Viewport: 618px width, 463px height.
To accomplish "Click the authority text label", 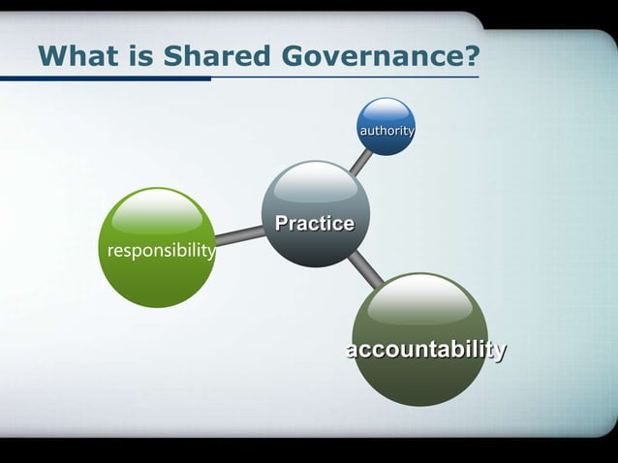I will click(x=386, y=130).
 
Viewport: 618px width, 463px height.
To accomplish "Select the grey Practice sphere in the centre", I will click(x=316, y=214).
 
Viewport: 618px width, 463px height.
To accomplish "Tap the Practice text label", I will click(x=315, y=224).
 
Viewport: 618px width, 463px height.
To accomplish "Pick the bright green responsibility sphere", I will click(x=156, y=248).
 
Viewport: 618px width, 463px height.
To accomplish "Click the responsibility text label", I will click(x=161, y=251).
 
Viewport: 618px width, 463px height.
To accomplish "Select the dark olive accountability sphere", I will click(x=419, y=339).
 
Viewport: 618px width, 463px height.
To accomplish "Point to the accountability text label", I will click(x=426, y=350).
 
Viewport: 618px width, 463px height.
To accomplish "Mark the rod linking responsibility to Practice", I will click(x=238, y=234).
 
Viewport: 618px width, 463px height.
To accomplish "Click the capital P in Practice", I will click(x=283, y=224).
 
